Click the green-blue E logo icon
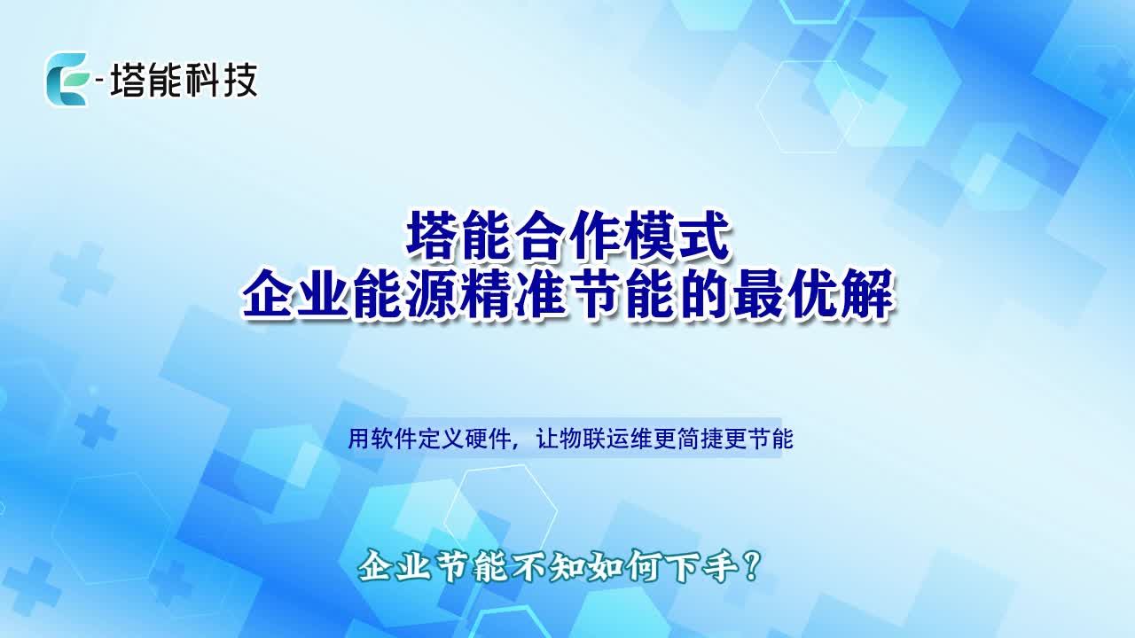[x=67, y=79]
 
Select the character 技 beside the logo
[x=239, y=81]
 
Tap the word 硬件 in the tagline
[x=488, y=439]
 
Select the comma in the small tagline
[x=517, y=446]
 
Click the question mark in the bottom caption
[x=752, y=566]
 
